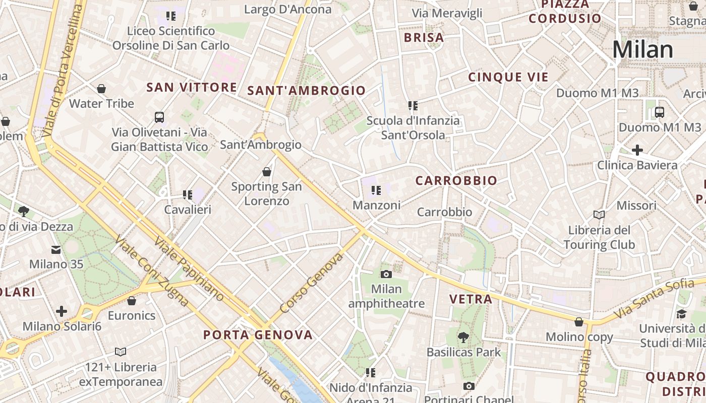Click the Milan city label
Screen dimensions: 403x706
click(x=642, y=50)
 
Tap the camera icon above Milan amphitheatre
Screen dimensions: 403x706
click(x=386, y=274)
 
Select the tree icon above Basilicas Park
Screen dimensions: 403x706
click(x=463, y=337)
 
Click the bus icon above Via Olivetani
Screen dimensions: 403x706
click(x=159, y=117)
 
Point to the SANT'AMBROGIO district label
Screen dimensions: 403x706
click(x=306, y=91)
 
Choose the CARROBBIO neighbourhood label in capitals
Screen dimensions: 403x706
click(x=456, y=180)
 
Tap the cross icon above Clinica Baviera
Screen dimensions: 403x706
click(x=637, y=150)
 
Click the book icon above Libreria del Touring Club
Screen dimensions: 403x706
click(x=599, y=215)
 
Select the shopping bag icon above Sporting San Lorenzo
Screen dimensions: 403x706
click(x=267, y=172)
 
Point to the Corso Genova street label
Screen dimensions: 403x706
click(x=312, y=283)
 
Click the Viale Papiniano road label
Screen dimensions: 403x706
click(x=189, y=268)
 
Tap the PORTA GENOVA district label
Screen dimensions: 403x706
click(x=258, y=335)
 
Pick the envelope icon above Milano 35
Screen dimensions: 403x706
click(x=56, y=249)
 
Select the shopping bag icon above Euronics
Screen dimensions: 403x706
click(x=132, y=301)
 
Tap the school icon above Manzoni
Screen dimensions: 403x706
click(x=376, y=190)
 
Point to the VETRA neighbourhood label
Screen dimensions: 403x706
click(x=470, y=299)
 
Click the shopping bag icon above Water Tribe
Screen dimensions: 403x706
click(x=101, y=89)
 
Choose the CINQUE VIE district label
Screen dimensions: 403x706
click(x=508, y=77)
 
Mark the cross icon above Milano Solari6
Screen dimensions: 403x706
click(x=62, y=311)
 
